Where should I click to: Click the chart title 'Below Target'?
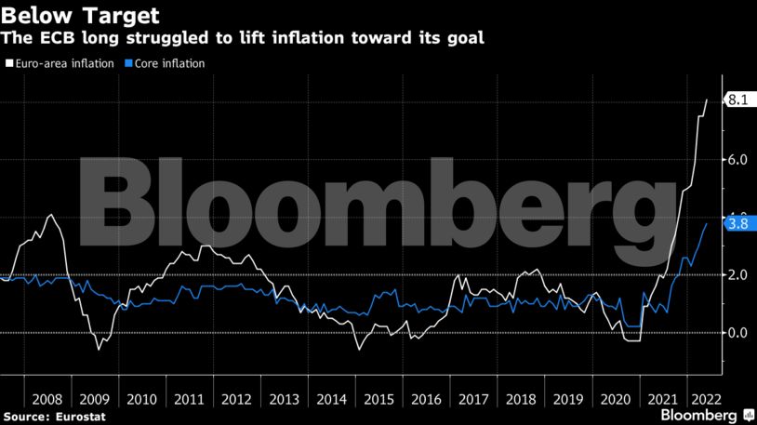point(79,16)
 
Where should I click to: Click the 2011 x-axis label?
point(188,398)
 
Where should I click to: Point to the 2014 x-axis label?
point(330,398)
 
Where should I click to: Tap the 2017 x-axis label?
point(472,398)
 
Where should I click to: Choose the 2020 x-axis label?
point(615,398)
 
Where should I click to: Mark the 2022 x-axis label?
point(704,398)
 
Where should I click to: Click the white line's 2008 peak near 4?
point(50,215)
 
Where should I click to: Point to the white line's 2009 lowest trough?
point(99,350)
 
